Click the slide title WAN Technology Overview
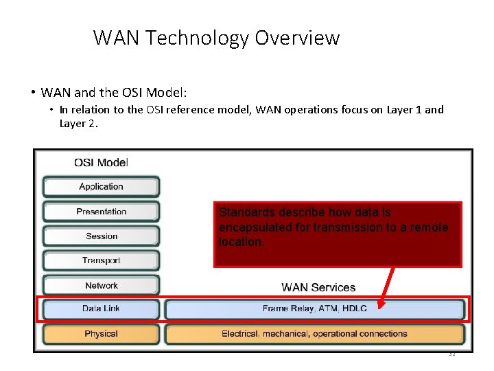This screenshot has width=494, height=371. click(216, 37)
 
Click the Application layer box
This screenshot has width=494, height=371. click(101, 187)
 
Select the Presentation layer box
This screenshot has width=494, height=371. click(101, 212)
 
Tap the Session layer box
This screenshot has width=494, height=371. click(101, 236)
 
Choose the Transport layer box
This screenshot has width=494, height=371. click(101, 261)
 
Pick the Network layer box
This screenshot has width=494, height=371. click(101, 286)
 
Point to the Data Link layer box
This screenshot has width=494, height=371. click(101, 309)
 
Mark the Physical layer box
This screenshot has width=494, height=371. click(101, 334)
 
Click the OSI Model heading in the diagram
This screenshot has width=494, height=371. click(101, 163)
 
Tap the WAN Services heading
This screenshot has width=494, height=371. click(318, 287)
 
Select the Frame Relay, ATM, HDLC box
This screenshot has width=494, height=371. click(314, 309)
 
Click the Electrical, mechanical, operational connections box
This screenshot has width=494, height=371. click(314, 334)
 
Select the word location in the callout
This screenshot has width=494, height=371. click(239, 242)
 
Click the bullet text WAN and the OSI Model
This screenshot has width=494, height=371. click(113, 92)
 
